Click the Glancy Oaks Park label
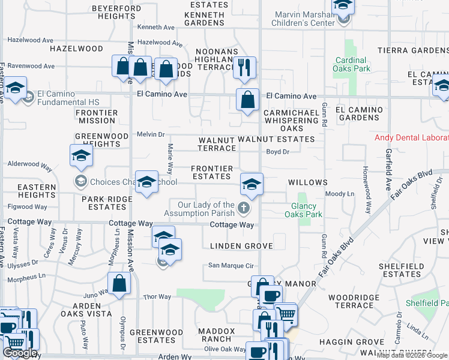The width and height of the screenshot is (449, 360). click(303, 209)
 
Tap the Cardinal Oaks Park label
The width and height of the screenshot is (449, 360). click(352, 64)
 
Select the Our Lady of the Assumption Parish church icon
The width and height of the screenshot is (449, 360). click(243, 209)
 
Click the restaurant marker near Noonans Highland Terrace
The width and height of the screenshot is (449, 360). click(244, 68)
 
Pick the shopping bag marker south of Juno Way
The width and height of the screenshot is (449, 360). click(119, 284)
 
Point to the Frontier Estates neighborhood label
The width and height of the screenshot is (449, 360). click(211, 172)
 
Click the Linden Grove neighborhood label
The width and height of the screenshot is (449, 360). click(241, 246)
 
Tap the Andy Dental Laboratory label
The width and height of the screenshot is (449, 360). click(411, 137)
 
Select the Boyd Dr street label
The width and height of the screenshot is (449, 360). click(278, 152)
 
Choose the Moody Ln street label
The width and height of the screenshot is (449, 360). click(339, 194)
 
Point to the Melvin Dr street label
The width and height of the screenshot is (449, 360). click(151, 134)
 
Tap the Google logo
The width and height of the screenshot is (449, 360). click(20, 353)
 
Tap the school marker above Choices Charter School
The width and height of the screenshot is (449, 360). click(81, 156)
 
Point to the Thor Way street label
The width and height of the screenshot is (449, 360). click(157, 297)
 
